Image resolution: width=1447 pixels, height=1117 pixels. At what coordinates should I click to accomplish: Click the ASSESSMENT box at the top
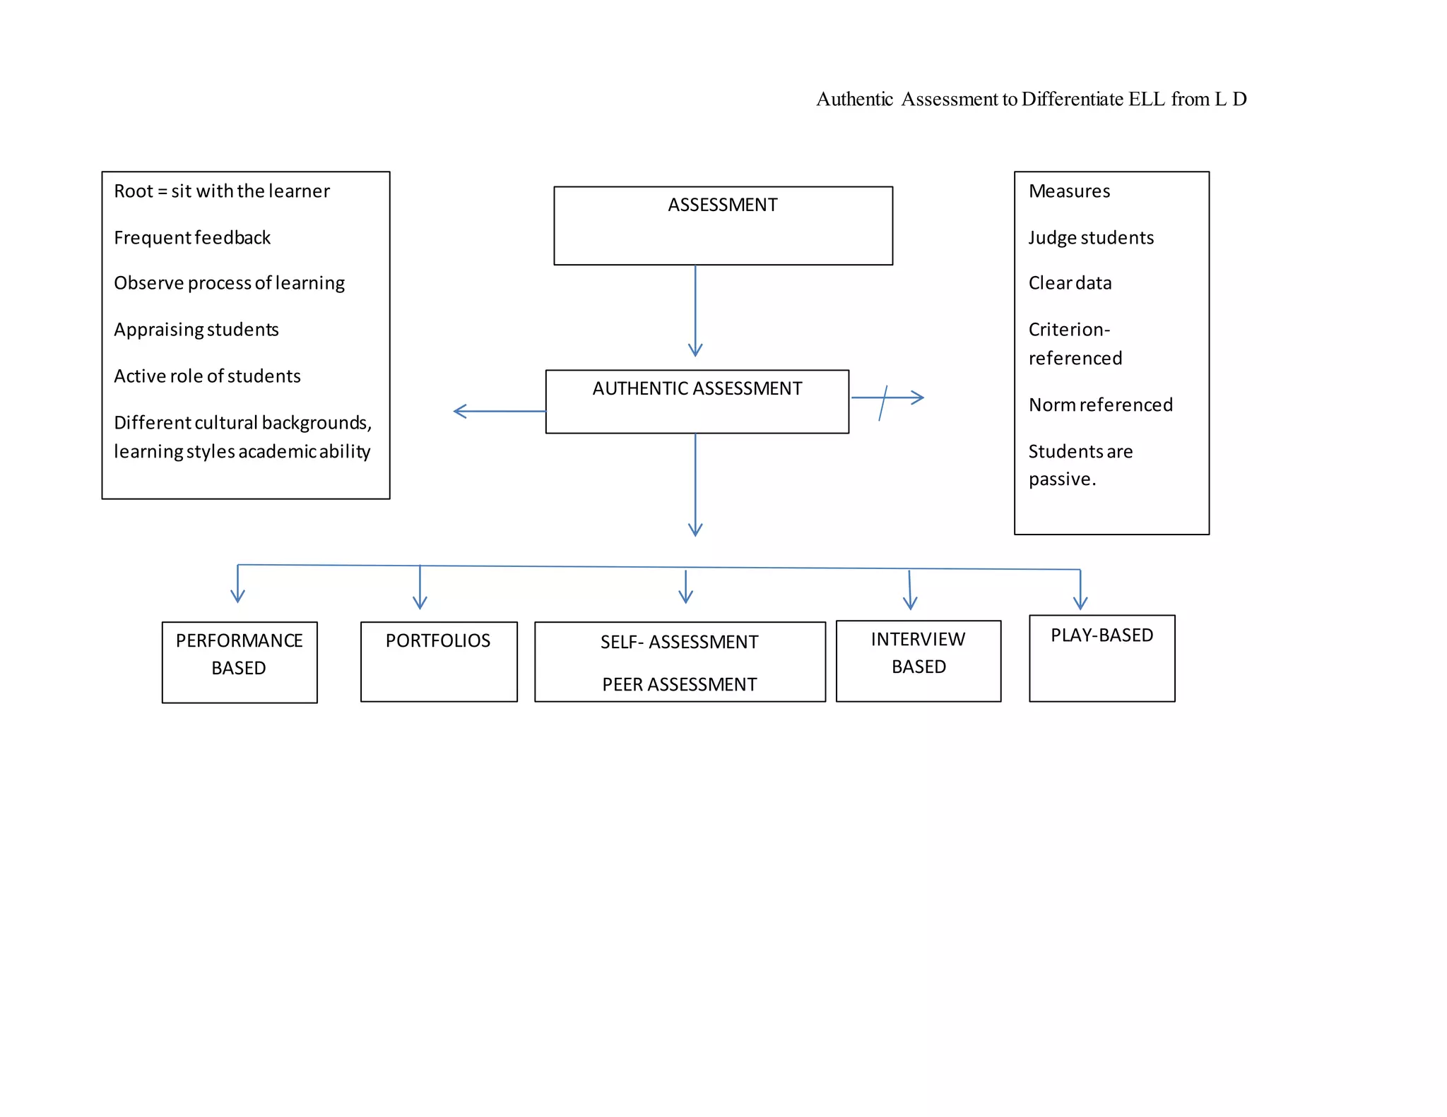(723, 225)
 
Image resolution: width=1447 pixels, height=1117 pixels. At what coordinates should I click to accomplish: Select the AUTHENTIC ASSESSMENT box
(697, 401)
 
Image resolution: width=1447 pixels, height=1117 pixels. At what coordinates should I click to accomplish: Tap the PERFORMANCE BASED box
(240, 662)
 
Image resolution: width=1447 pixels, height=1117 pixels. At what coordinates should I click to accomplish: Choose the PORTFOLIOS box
(438, 661)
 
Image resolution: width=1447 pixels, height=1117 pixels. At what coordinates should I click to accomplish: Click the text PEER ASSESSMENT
(679, 684)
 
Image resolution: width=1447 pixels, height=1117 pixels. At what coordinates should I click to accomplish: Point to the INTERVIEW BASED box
(918, 660)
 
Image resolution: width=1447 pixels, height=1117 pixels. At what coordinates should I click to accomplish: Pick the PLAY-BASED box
(1102, 657)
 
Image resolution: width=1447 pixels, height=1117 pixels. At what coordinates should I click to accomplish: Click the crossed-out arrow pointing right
(887, 398)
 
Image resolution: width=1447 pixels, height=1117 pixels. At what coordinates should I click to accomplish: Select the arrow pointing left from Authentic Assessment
(499, 411)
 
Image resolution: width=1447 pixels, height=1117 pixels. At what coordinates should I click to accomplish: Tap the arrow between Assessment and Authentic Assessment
(695, 311)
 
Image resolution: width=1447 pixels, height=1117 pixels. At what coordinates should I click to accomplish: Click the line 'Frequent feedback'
(192, 237)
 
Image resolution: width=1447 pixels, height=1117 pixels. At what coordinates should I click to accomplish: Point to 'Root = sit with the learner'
(222, 191)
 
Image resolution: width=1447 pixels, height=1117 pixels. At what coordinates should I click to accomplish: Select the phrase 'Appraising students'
(196, 330)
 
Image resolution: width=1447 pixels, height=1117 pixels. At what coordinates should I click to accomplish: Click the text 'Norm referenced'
(1100, 405)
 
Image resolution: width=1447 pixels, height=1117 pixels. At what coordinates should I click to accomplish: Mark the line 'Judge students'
(1090, 237)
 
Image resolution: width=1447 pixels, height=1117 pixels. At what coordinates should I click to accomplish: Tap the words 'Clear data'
(1070, 283)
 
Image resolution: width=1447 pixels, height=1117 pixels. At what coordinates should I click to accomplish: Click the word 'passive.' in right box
(1062, 479)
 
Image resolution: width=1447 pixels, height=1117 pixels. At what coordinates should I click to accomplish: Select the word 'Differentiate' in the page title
(1072, 99)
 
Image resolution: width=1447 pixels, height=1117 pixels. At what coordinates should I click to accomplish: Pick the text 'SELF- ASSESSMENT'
(679, 642)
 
